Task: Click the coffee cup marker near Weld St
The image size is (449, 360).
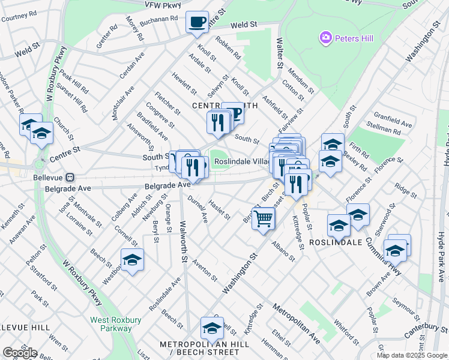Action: (196, 23)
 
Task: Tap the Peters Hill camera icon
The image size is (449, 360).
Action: (325, 38)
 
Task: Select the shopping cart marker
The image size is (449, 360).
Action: (262, 219)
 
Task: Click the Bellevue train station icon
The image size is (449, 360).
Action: (70, 178)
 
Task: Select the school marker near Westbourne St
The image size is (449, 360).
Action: (132, 260)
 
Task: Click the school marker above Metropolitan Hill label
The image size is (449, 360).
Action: (211, 328)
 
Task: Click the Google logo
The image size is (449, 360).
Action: (20, 353)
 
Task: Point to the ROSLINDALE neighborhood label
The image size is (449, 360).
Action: (335, 242)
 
